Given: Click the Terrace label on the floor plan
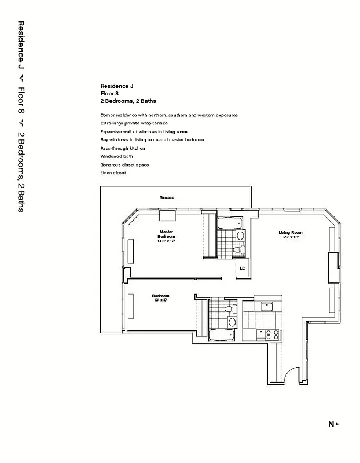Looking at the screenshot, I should coord(167,198).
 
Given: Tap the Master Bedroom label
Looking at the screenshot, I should coord(167,236).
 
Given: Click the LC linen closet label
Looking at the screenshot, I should coord(243,268).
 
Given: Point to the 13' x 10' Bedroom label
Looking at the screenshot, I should coord(160,298).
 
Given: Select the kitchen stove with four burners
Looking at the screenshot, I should coord(271,334).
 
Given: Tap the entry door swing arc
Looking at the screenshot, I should coord(291,376).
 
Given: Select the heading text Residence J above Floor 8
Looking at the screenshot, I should coord(116,86).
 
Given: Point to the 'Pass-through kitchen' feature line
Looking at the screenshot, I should coord(122,148).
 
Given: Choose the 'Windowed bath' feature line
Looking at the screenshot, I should coord(116,156).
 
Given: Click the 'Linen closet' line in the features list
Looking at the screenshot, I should coord(113,173).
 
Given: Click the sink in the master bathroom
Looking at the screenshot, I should coord(241,237).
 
